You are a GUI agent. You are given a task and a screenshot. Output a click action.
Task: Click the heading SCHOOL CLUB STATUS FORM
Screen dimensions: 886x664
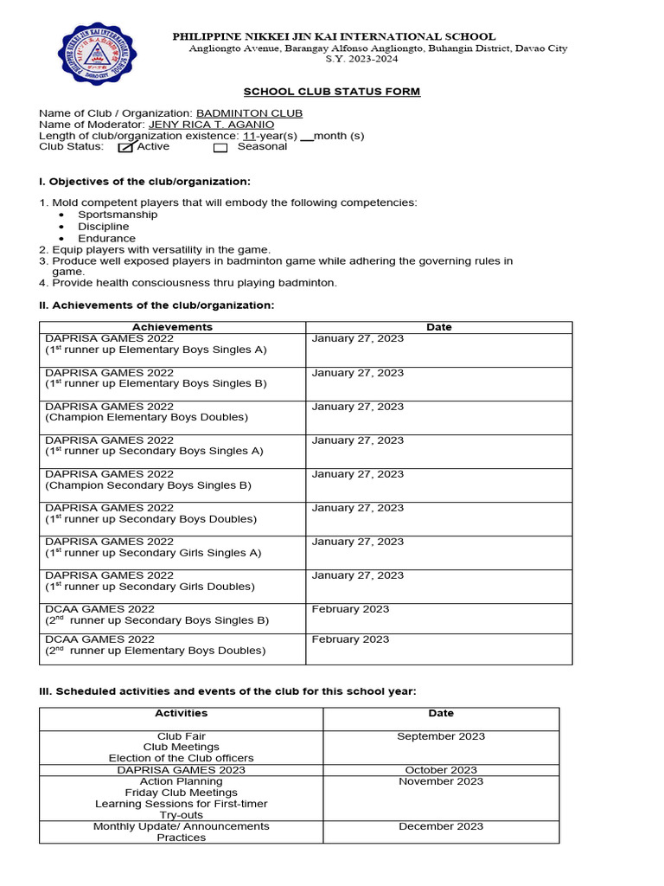(x=331, y=92)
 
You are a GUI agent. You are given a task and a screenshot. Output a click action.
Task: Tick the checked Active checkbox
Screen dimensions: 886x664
(x=125, y=147)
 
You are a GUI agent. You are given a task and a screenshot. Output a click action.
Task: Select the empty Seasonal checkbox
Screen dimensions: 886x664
(x=220, y=147)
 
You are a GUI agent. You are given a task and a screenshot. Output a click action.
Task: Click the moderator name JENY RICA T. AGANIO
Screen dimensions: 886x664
(x=211, y=125)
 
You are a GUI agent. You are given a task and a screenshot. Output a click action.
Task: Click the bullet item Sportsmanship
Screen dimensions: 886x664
(x=118, y=215)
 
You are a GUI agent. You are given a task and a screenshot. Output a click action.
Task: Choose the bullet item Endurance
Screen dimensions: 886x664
(x=106, y=238)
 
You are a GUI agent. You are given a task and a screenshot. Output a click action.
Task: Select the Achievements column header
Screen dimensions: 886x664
(x=172, y=327)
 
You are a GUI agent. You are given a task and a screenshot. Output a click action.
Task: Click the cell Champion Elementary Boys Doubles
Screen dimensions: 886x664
(x=146, y=417)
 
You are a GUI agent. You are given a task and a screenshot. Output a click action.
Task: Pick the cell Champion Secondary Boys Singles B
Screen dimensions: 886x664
(x=148, y=485)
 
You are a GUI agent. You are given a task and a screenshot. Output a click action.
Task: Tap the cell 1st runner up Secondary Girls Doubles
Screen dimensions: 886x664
(x=150, y=586)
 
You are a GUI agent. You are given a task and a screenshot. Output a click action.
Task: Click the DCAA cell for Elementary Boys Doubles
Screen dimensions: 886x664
(x=156, y=650)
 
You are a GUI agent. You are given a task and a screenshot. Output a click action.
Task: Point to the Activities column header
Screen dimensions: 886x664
(x=181, y=713)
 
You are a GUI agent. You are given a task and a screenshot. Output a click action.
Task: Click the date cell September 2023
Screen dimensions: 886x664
(x=441, y=736)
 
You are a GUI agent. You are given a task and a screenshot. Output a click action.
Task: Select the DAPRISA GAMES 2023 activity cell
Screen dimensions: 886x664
(x=181, y=769)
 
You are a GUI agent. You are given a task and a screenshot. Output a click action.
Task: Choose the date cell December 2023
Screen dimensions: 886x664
(x=441, y=826)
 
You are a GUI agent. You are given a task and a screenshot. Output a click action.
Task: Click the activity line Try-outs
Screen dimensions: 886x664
(x=181, y=815)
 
